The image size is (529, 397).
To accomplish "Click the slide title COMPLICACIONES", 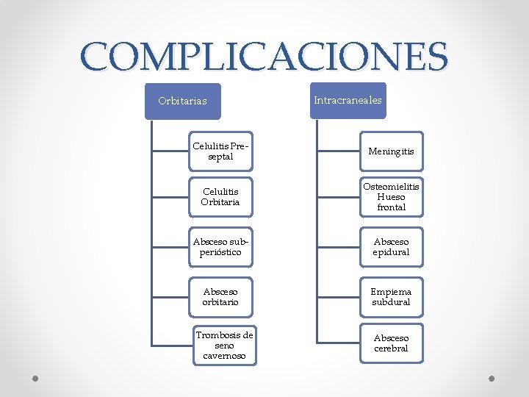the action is pyautogui.click(x=264, y=56).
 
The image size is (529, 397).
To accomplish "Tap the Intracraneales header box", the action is pyautogui.click(x=348, y=100).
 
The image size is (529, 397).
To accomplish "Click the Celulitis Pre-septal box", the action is pyautogui.click(x=221, y=151).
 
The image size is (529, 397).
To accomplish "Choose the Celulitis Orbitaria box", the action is pyautogui.click(x=220, y=197).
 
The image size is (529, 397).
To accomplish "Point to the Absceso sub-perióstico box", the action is pyautogui.click(x=220, y=246).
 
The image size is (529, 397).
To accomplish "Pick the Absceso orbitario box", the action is pyautogui.click(x=220, y=296).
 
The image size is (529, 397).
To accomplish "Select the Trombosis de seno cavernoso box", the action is pyautogui.click(x=224, y=346).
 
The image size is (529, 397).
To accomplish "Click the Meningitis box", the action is pyautogui.click(x=391, y=151).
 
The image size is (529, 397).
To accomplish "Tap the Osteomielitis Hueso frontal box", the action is pyautogui.click(x=391, y=197).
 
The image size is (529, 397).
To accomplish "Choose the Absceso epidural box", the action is pyautogui.click(x=391, y=246).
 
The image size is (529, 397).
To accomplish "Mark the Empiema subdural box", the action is pyautogui.click(x=391, y=296).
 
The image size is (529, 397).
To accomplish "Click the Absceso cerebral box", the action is pyautogui.click(x=391, y=343).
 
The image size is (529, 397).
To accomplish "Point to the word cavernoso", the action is pyautogui.click(x=224, y=356).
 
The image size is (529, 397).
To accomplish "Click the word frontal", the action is pyautogui.click(x=391, y=207).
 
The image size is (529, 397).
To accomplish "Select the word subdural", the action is pyautogui.click(x=391, y=302).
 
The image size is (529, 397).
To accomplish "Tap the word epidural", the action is pyautogui.click(x=391, y=252).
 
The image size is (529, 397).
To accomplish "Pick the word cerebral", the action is pyautogui.click(x=391, y=348).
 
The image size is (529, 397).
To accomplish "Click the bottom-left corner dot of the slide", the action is pyautogui.click(x=35, y=379).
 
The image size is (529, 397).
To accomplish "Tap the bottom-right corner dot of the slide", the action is pyautogui.click(x=492, y=379).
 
